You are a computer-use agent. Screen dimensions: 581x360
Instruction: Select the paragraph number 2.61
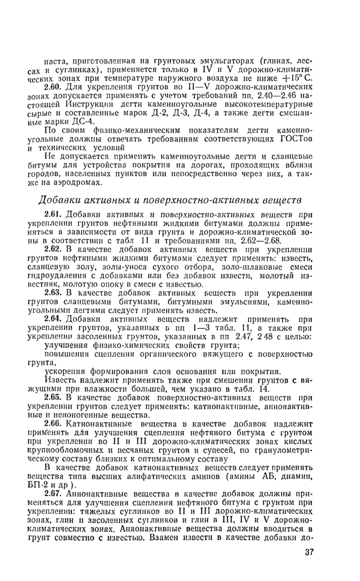pos(53,214)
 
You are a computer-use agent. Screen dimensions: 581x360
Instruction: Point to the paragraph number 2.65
pos(53,398)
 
